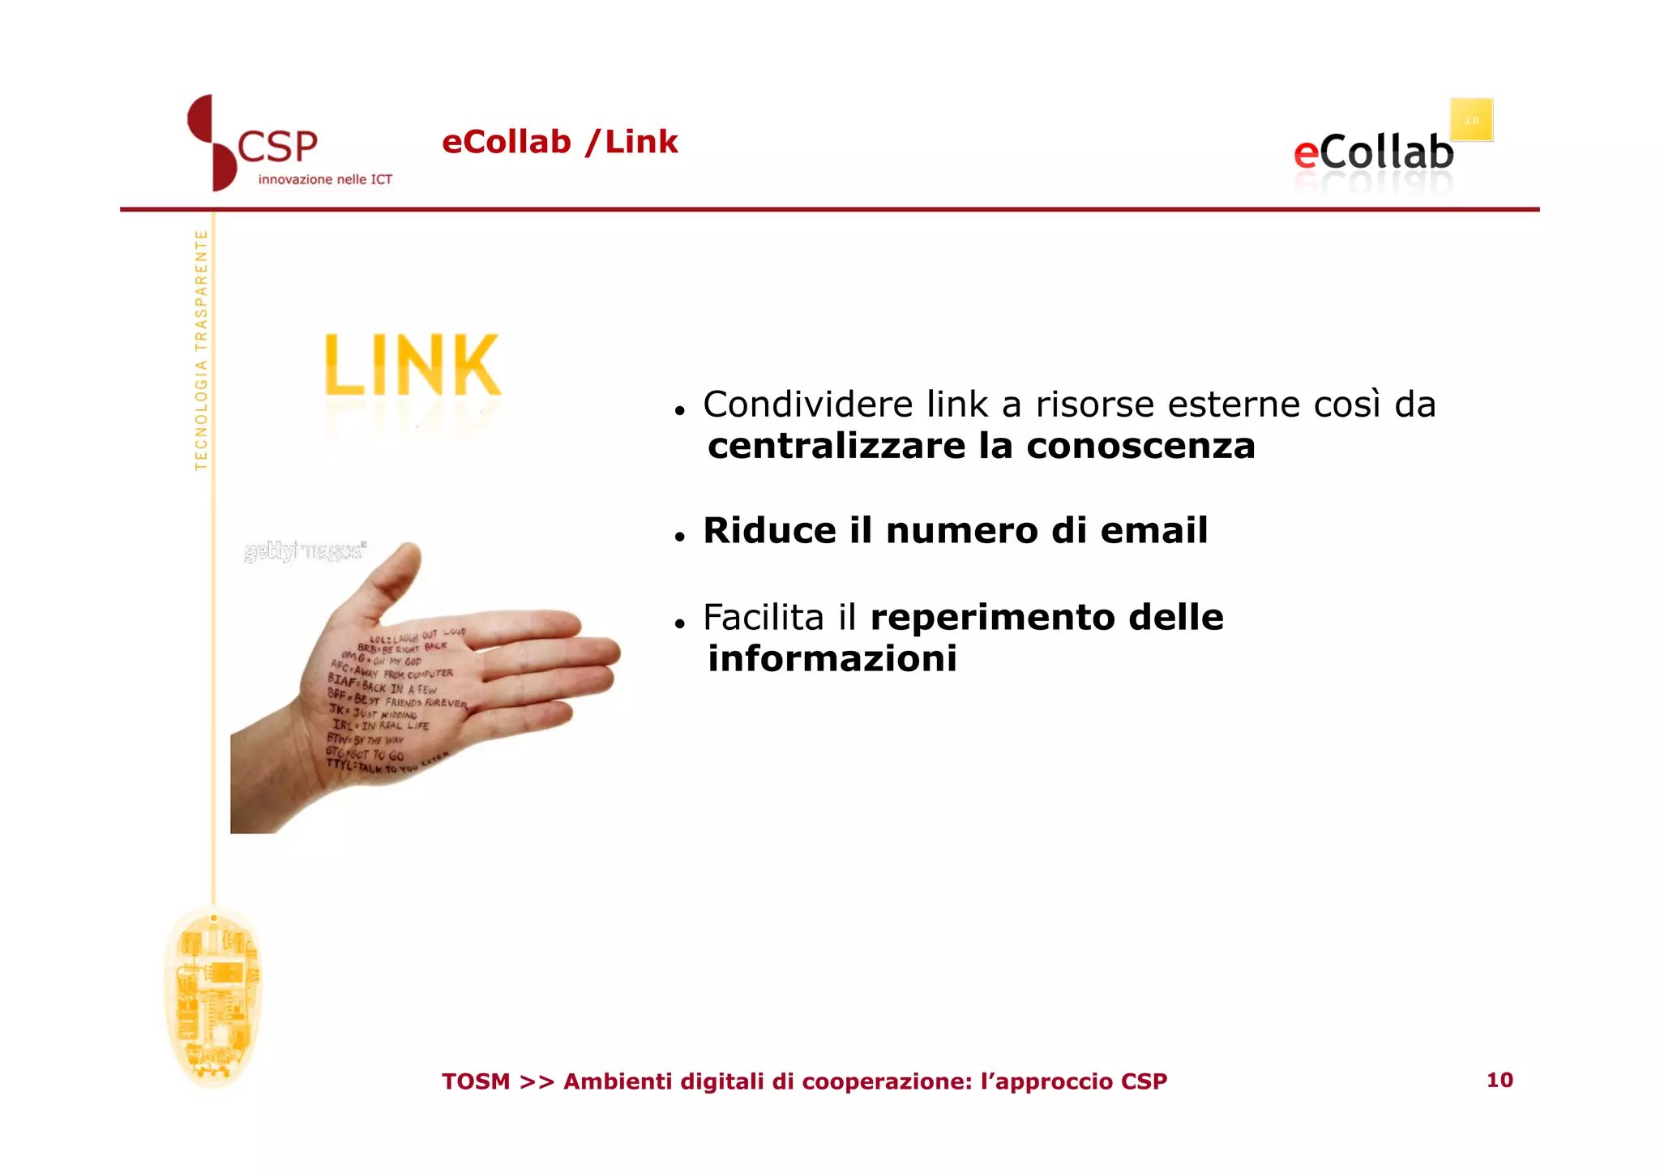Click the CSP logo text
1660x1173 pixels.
[277, 148]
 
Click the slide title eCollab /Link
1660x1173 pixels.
[559, 142]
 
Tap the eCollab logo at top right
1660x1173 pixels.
[1373, 153]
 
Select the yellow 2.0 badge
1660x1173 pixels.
[1471, 120]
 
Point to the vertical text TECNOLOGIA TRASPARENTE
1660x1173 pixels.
[201, 350]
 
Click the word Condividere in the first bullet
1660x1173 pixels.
[807, 405]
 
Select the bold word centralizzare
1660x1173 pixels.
[836, 447]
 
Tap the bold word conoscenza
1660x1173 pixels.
[1140, 447]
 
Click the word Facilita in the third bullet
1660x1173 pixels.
[763, 618]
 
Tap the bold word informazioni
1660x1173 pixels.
[832, 659]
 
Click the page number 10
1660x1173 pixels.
[1499, 1080]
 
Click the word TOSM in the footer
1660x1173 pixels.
[476, 1081]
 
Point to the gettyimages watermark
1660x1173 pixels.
[305, 552]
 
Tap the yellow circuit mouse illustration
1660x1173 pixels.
[212, 998]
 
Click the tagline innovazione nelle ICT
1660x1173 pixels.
[325, 180]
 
